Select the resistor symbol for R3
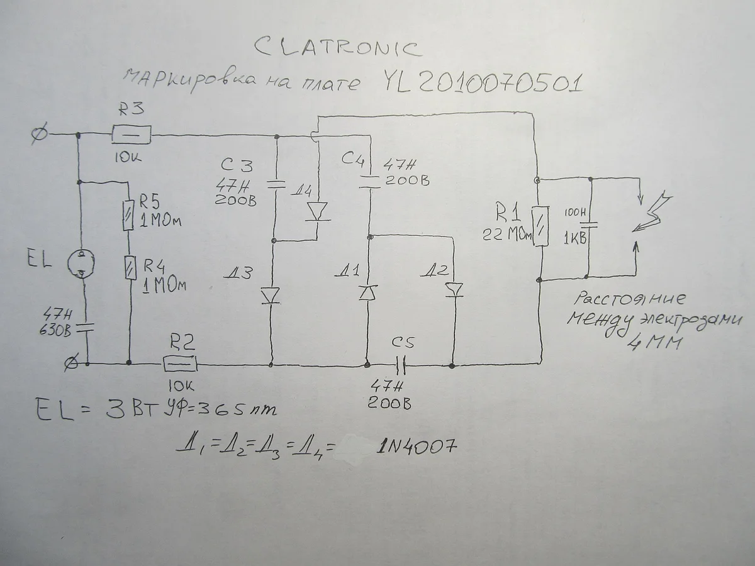pyautogui.click(x=131, y=134)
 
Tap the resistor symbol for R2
pyautogui.click(x=179, y=363)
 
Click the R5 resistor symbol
pyautogui.click(x=130, y=212)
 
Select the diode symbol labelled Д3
pyautogui.click(x=271, y=295)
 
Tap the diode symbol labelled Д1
pyautogui.click(x=367, y=292)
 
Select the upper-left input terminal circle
pyautogui.click(x=38, y=134)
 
